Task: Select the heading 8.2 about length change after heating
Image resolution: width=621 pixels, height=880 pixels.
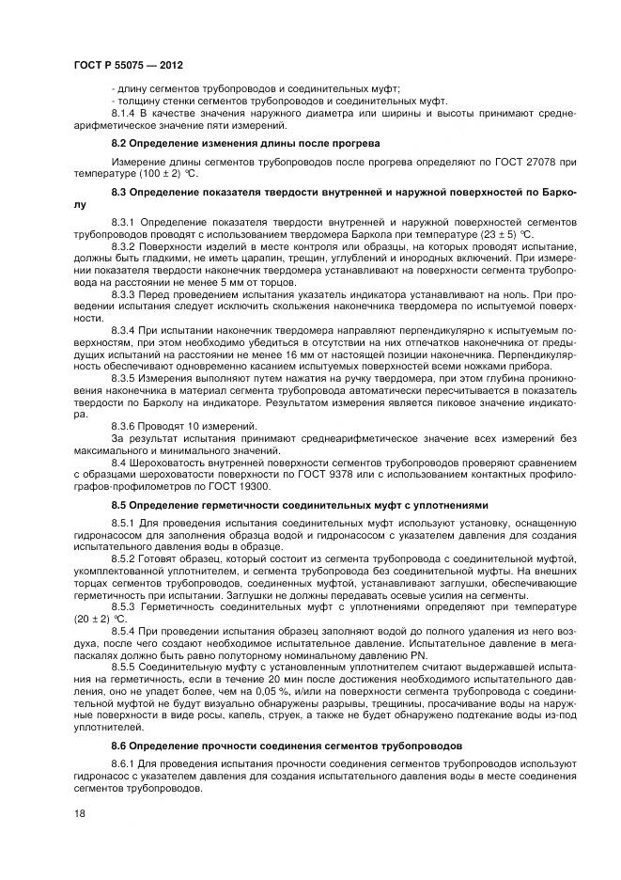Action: (245, 144)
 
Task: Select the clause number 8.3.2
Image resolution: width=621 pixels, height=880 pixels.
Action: (125, 245)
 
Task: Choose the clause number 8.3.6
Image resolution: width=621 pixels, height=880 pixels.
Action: (125, 426)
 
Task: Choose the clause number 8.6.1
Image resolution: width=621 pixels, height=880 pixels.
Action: (125, 764)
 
